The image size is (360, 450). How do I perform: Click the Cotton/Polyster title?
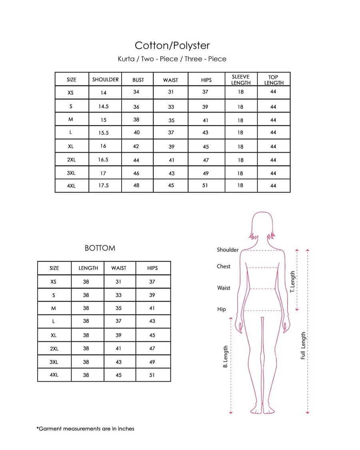[x=172, y=45]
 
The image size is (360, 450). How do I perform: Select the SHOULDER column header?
[x=105, y=80]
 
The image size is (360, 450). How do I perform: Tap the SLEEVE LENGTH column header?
[x=240, y=80]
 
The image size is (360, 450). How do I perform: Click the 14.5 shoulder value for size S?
[x=104, y=107]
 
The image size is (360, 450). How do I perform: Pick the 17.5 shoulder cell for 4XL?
[x=104, y=186]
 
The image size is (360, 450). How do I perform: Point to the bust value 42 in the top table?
[x=136, y=146]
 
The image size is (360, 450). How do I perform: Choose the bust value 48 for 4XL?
[x=136, y=186]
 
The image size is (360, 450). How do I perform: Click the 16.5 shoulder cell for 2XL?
[x=103, y=160]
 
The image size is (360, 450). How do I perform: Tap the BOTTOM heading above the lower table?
[x=100, y=248]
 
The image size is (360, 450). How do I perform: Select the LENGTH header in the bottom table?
[x=88, y=268]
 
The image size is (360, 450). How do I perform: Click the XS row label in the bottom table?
[x=54, y=282]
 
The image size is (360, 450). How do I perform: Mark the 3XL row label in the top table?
[x=71, y=173]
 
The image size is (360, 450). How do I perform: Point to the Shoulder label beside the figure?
[x=228, y=250]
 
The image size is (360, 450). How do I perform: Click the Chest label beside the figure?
[x=224, y=266]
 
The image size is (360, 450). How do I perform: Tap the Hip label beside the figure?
[x=222, y=309]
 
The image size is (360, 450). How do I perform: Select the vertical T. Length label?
[x=292, y=282]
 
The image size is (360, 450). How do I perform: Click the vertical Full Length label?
[x=303, y=345]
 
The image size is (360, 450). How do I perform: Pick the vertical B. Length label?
[x=226, y=356]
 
